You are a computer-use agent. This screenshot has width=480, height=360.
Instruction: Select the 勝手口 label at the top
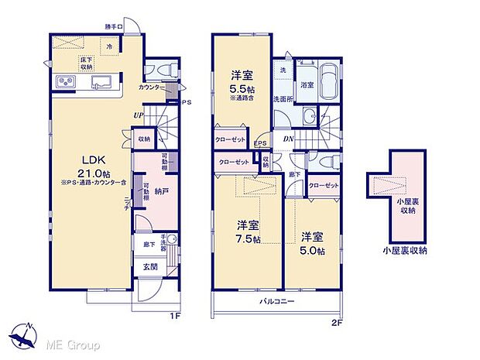coord(115,27)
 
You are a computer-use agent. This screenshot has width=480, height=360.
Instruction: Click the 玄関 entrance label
coord(149,267)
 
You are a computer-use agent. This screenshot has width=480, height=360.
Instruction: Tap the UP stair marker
coord(139,116)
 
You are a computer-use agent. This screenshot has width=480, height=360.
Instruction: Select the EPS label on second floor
coord(260,142)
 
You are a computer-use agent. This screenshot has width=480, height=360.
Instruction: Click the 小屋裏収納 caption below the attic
coord(403,251)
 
